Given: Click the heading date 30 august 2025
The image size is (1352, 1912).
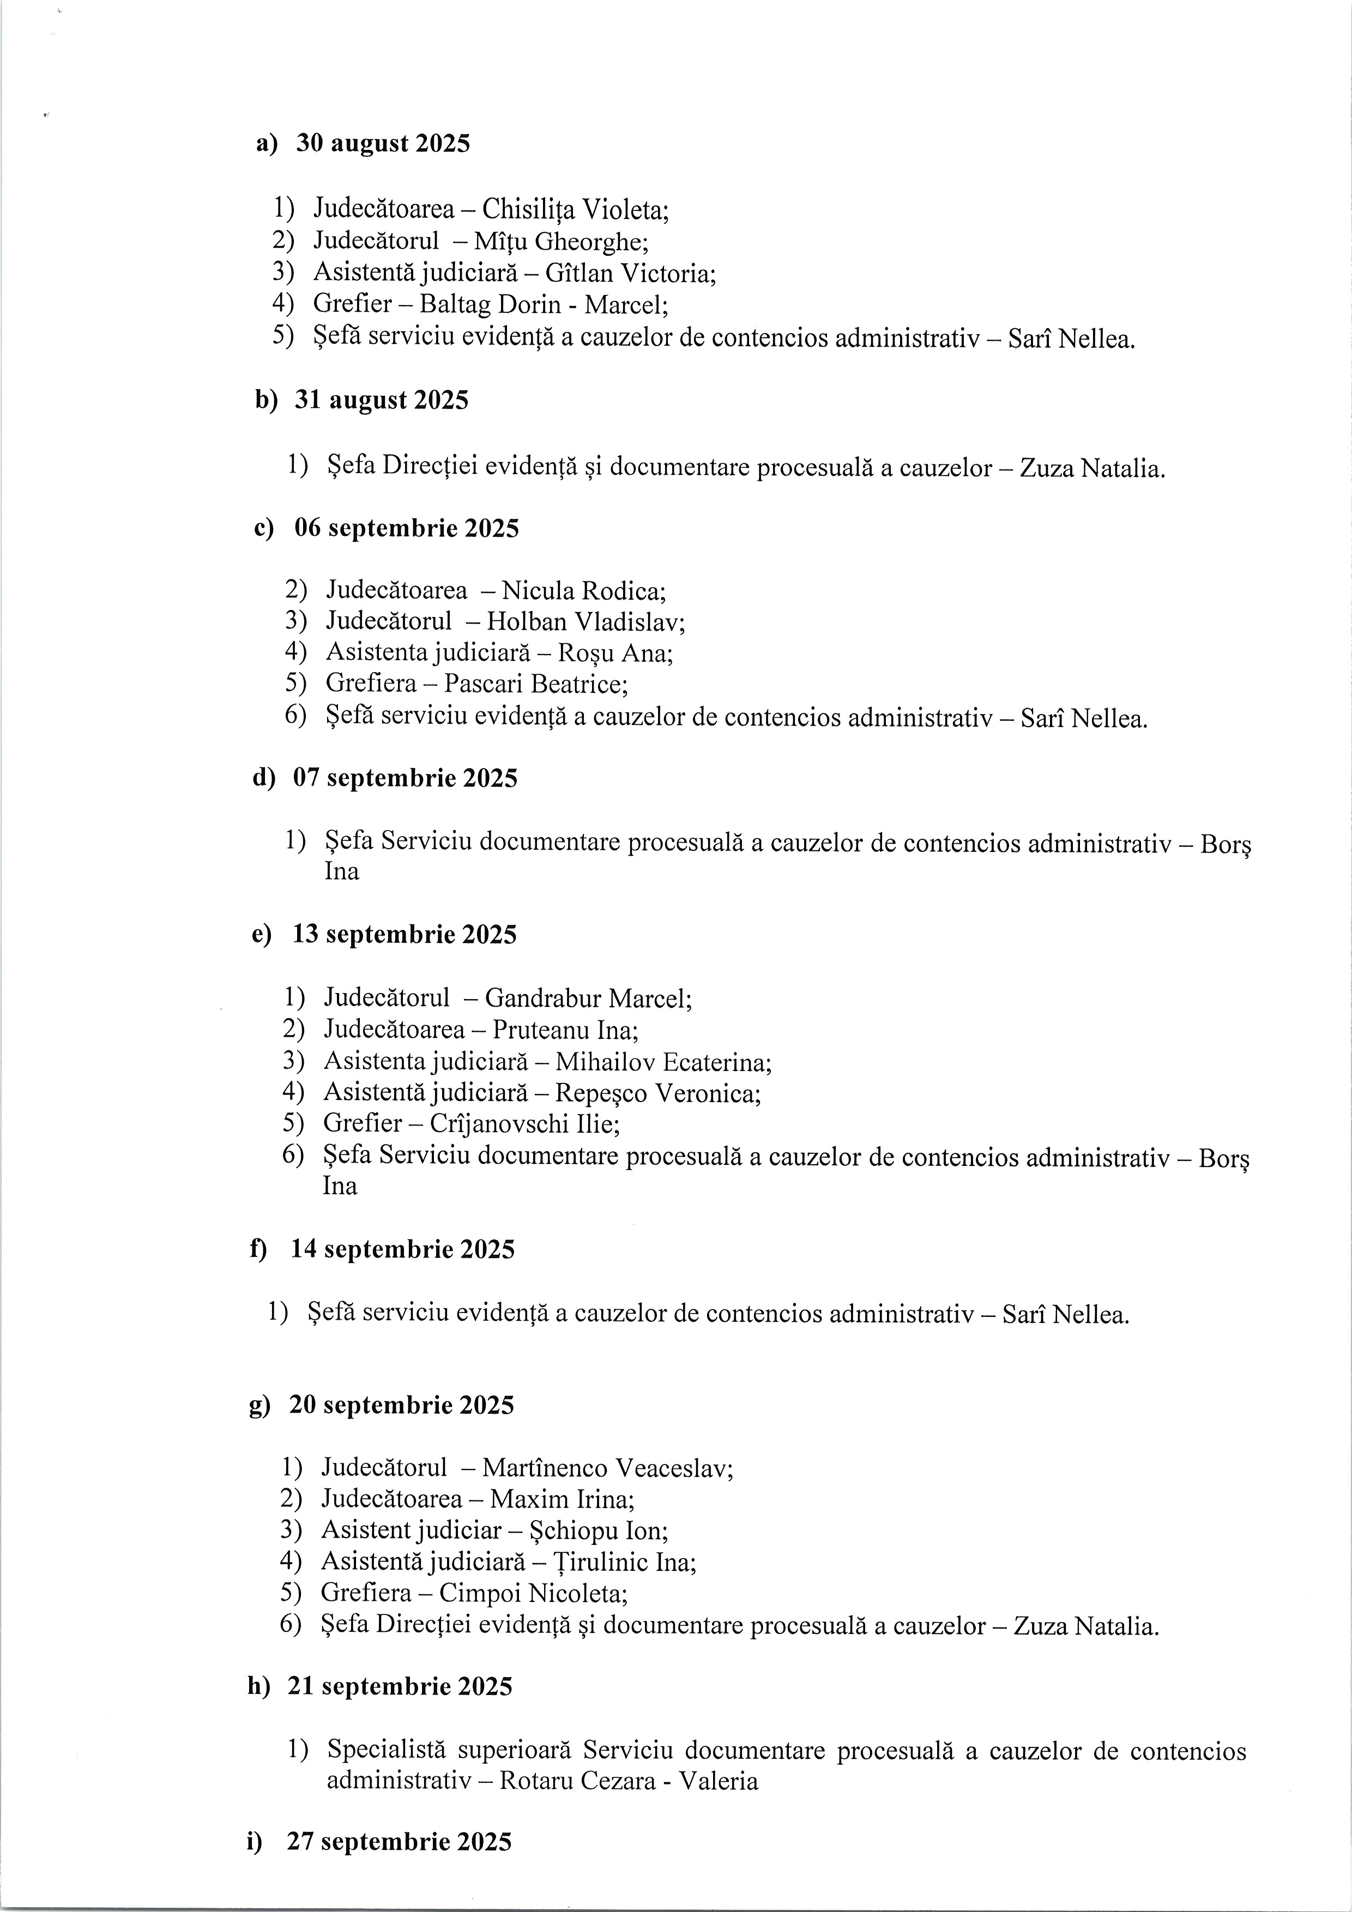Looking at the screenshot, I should [x=383, y=144].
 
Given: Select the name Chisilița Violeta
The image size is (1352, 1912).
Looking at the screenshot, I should [x=575, y=208].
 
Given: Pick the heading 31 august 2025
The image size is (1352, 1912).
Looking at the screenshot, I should [x=382, y=401].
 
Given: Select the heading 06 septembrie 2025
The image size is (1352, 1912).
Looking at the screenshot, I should [x=407, y=529].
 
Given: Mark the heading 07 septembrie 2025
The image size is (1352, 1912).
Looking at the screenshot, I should [x=405, y=779].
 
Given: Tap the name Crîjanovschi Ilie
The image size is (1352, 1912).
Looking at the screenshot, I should [x=524, y=1124].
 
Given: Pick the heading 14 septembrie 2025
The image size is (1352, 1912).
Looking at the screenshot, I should [x=402, y=1250].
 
